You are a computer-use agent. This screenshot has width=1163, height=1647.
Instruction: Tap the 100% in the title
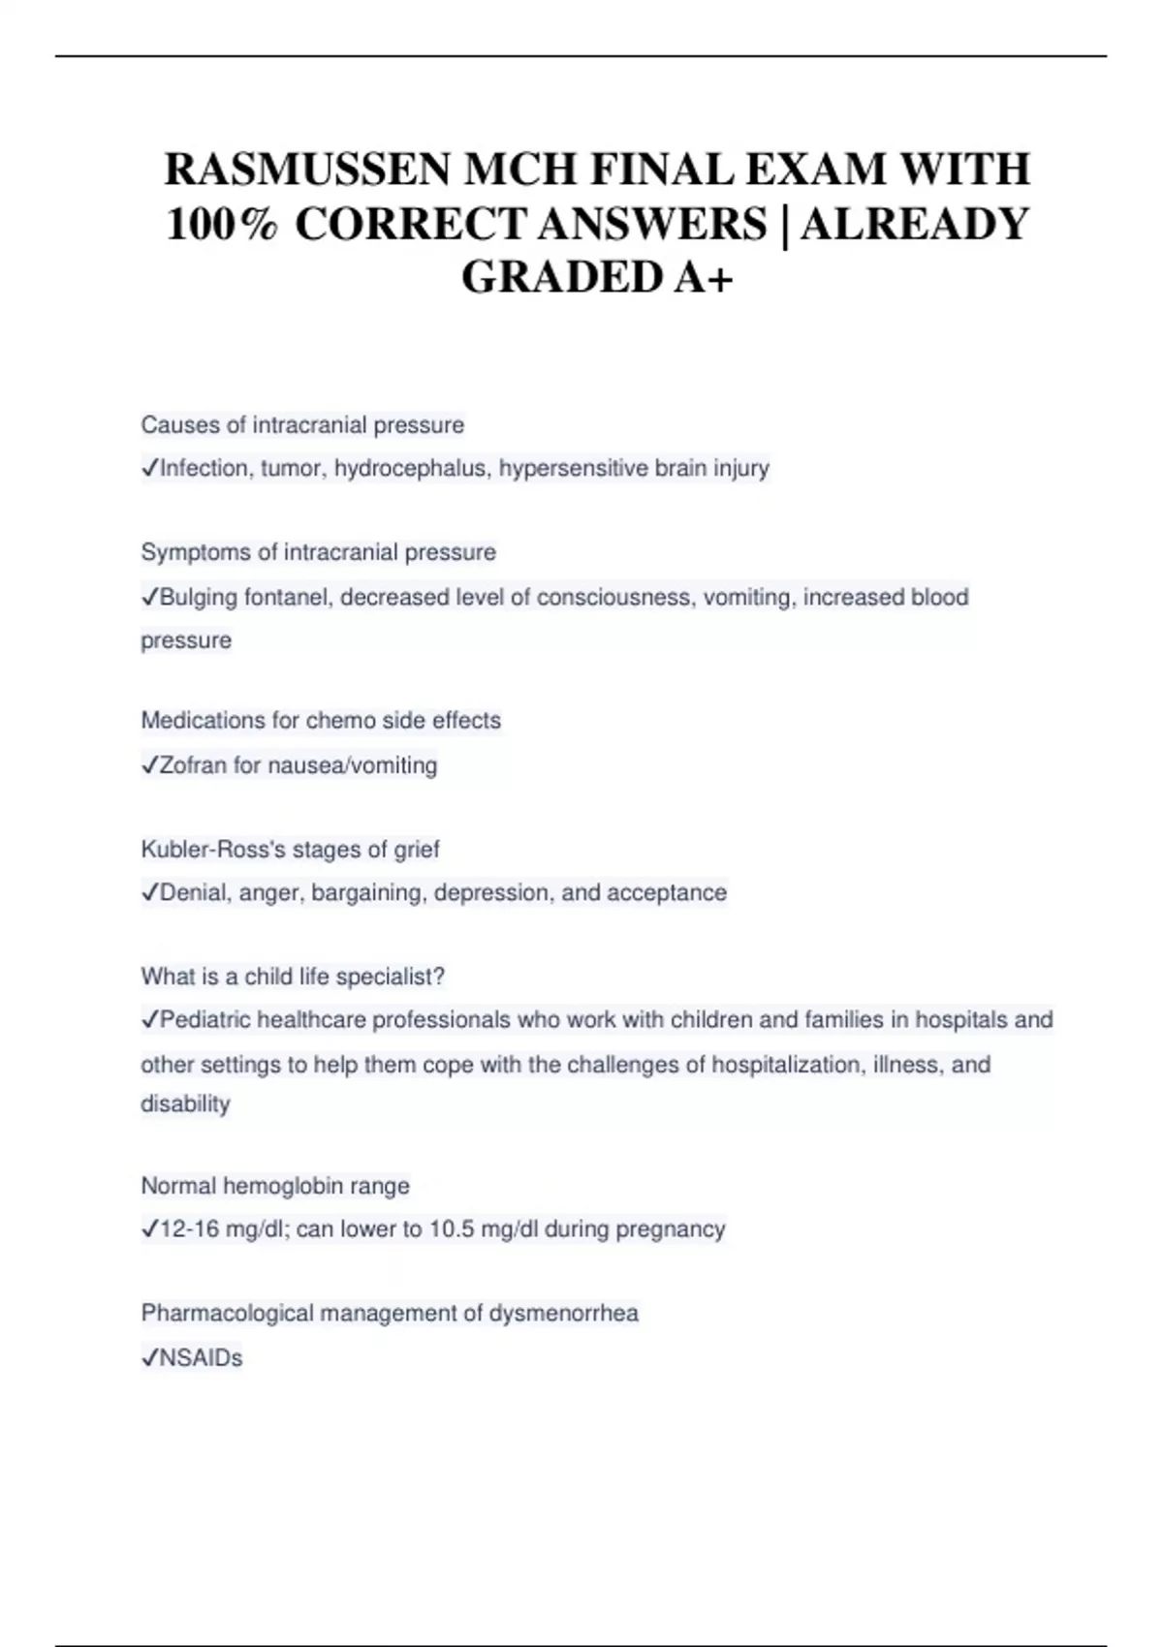(x=222, y=225)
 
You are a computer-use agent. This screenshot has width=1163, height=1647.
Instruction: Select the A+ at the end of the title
(x=702, y=277)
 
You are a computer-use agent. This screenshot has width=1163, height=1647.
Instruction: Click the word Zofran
(x=193, y=765)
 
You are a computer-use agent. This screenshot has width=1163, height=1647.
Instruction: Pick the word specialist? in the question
(x=391, y=977)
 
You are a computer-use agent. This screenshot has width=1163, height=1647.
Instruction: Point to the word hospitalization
(x=787, y=1065)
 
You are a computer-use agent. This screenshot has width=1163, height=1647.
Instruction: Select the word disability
(x=185, y=1104)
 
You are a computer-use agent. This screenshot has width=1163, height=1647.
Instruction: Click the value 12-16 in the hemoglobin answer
(x=189, y=1229)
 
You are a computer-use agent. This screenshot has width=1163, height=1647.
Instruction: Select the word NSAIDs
(x=201, y=1358)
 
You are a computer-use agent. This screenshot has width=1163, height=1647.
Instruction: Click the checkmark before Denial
(x=149, y=892)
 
